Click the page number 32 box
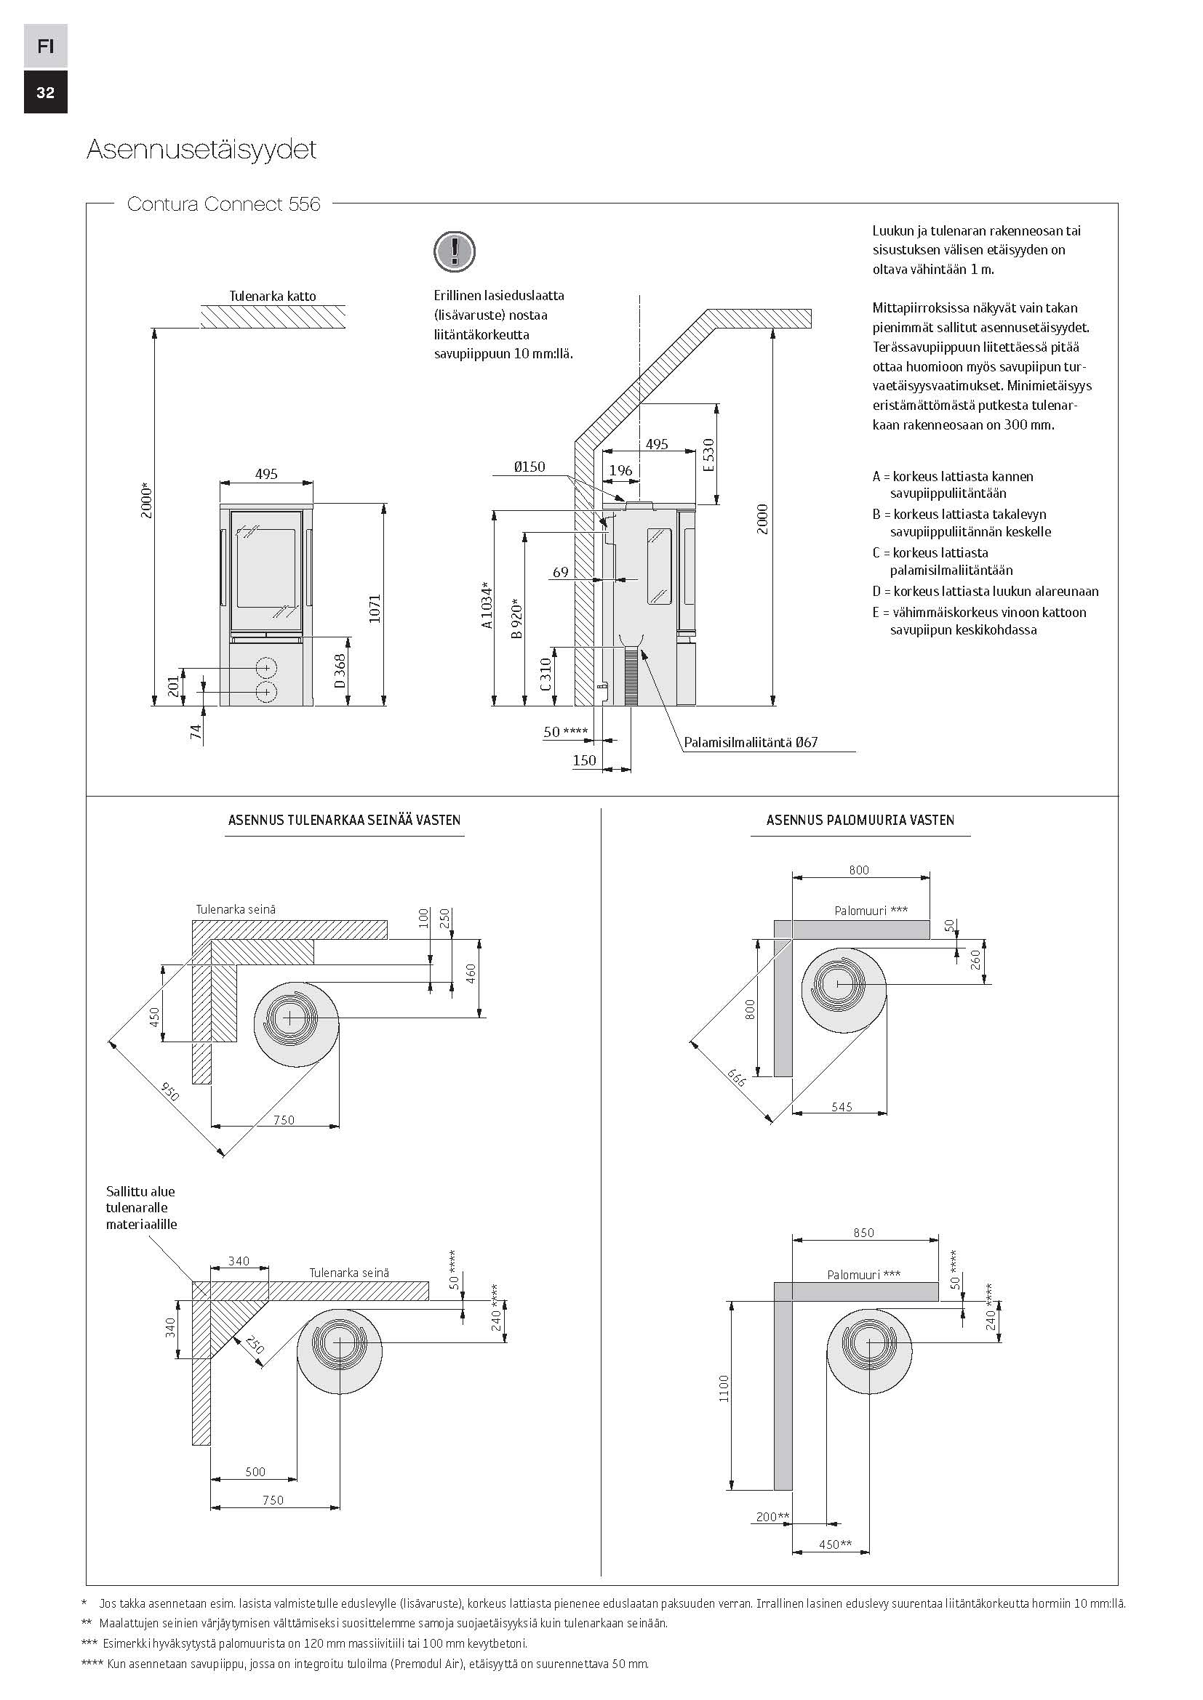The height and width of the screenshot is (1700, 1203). coord(45,92)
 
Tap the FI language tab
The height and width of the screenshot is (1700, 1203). coord(45,47)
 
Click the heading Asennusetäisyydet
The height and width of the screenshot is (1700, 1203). coord(201,150)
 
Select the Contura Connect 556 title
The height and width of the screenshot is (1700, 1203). coord(224,204)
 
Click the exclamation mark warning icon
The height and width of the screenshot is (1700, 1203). coord(453,251)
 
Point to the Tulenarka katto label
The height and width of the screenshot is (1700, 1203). coord(272,296)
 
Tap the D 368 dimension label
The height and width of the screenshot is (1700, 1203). coord(340,671)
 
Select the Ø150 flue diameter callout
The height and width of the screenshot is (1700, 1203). coord(529,467)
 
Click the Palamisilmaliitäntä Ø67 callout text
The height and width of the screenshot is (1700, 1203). coord(751,742)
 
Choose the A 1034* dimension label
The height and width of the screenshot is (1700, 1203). coord(487,605)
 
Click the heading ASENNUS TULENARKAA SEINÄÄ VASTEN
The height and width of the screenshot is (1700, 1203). coord(345,821)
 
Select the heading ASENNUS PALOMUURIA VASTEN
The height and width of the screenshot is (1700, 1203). coord(860,821)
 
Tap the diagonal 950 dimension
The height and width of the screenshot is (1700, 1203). coord(169,1091)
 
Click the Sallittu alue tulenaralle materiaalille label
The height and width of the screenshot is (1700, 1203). coord(142,1208)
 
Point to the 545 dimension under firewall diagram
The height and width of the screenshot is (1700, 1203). coord(842,1107)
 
